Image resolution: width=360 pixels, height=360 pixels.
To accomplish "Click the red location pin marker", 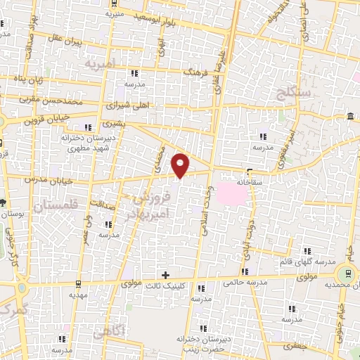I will (x=181, y=165).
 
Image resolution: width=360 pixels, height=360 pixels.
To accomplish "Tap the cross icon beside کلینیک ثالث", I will (x=165, y=274).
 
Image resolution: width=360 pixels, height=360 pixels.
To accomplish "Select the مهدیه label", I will (x=78, y=295).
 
